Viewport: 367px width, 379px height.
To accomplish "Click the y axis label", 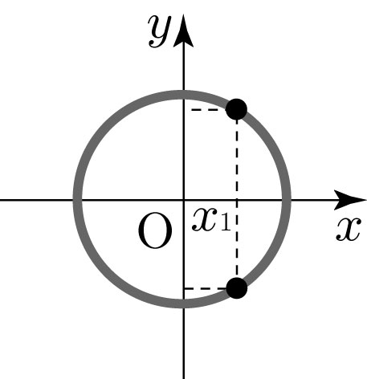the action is click(160, 31).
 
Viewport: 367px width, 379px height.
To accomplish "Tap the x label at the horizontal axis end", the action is click(349, 229).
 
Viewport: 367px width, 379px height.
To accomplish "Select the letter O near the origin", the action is click(155, 230).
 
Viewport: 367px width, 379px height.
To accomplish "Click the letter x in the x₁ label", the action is click(204, 219).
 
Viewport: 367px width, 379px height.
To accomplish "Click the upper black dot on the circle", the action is click(236, 109).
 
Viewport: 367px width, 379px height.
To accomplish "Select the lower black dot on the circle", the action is click(237, 288).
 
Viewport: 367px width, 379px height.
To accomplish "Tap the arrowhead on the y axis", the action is click(184, 31).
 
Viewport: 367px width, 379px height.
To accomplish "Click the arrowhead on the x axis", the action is click(350, 200).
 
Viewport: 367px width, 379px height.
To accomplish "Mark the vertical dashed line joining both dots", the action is click(237, 198).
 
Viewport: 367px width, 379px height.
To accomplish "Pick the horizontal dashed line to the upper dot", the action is click(208, 109).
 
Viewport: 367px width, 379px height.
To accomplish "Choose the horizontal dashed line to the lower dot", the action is click(206, 288).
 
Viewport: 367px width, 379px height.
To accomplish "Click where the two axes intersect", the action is click(184, 200).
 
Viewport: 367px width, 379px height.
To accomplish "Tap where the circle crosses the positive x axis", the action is click(287, 200).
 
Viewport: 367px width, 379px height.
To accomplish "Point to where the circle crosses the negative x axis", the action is click(78, 200).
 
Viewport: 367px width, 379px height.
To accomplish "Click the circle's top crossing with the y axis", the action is click(184, 95).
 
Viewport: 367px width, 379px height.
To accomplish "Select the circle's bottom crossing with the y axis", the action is click(184, 304).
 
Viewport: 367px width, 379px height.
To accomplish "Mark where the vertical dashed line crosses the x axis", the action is click(237, 200).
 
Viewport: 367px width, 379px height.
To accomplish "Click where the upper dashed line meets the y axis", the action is click(184, 109).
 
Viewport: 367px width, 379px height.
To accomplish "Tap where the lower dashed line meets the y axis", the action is click(184, 288).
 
